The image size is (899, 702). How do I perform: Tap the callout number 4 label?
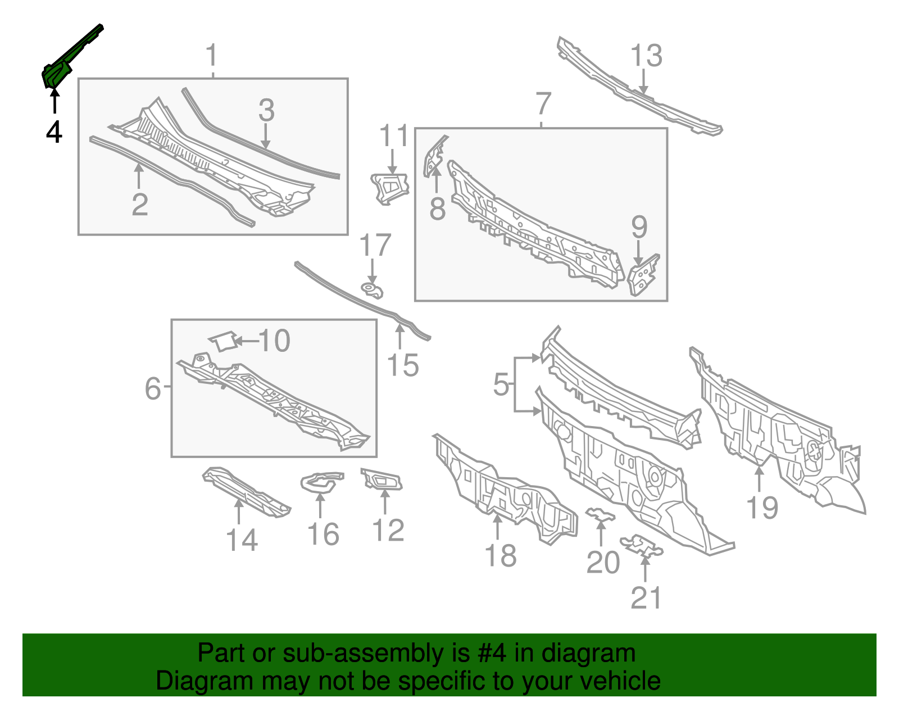(x=54, y=132)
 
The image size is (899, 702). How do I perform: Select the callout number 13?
(x=646, y=56)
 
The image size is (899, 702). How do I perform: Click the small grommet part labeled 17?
(x=372, y=289)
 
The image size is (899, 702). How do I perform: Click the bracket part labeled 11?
(x=389, y=188)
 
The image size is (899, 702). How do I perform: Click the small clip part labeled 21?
(x=641, y=545)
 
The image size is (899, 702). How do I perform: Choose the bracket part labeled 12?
(x=382, y=479)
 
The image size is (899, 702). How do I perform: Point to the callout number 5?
(x=501, y=384)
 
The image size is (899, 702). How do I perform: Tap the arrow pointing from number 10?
(x=247, y=341)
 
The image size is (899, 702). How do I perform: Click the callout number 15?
(x=402, y=365)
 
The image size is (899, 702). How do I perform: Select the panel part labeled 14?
(x=246, y=492)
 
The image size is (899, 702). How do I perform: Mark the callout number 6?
(x=152, y=388)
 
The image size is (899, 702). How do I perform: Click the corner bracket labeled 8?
(x=434, y=157)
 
